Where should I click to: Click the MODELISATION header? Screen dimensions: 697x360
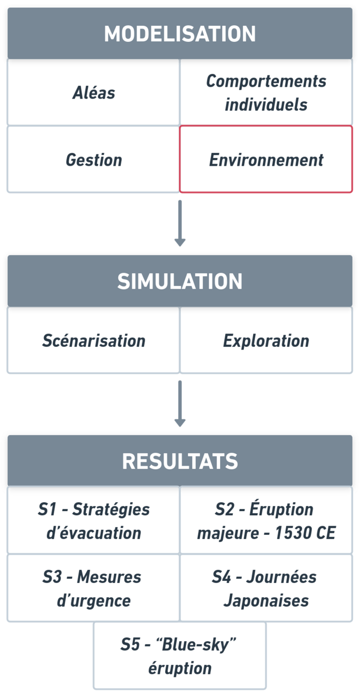click(180, 34)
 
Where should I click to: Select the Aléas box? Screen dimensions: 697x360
click(93, 93)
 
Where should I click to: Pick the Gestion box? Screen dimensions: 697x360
click(93, 160)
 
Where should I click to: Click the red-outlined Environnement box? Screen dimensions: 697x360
click(266, 160)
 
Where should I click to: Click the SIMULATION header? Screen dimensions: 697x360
click(180, 281)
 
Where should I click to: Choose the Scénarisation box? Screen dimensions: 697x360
click(93, 341)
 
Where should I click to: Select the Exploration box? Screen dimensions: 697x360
click(266, 341)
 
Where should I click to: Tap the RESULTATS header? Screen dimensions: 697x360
click(180, 461)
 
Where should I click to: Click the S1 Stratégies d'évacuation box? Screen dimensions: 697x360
click(93, 520)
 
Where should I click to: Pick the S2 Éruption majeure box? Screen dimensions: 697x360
click(266, 520)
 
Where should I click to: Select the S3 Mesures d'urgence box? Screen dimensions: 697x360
click(93, 588)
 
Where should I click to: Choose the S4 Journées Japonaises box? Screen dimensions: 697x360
click(266, 588)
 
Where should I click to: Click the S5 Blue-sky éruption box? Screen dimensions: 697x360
click(180, 656)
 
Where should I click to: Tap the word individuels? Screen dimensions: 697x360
click(266, 105)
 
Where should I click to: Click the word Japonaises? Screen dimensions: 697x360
click(266, 600)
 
